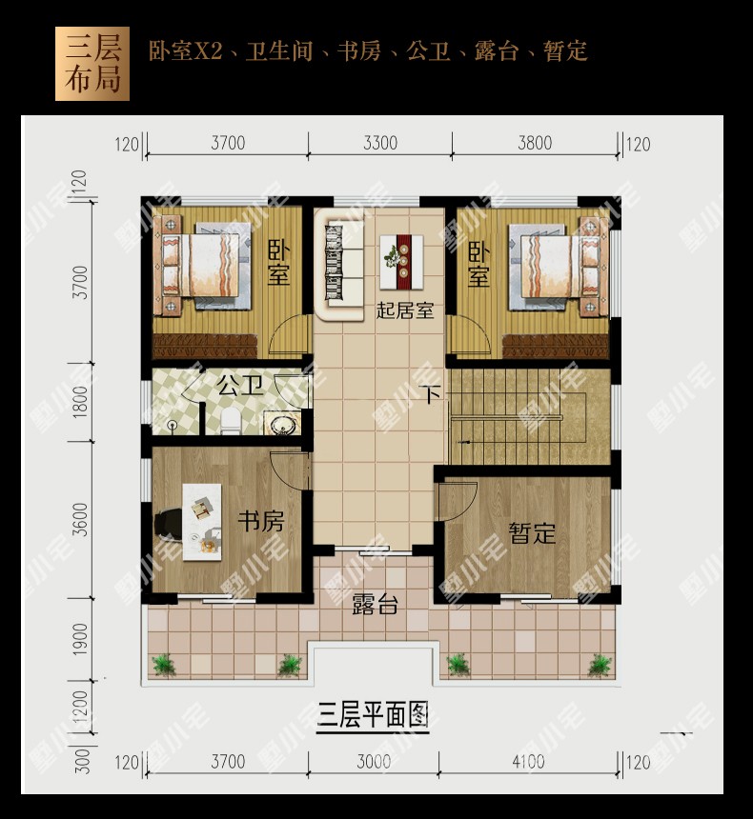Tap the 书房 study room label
[x=261, y=521]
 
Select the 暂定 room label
[x=532, y=532]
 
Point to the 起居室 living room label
[x=405, y=310]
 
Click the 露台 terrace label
[x=375, y=604]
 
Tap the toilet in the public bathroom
[x=231, y=422]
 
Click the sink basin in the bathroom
[x=282, y=424]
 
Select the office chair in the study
[x=167, y=523]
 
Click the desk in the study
[x=202, y=522]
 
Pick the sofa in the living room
[x=338, y=265]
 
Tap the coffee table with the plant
[x=401, y=262]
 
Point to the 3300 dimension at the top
[x=380, y=143]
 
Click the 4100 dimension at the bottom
[x=528, y=762]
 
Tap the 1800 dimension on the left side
[x=80, y=402]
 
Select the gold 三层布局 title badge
[x=92, y=64]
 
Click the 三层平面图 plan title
[x=373, y=715]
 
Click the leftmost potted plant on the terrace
[x=164, y=665]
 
